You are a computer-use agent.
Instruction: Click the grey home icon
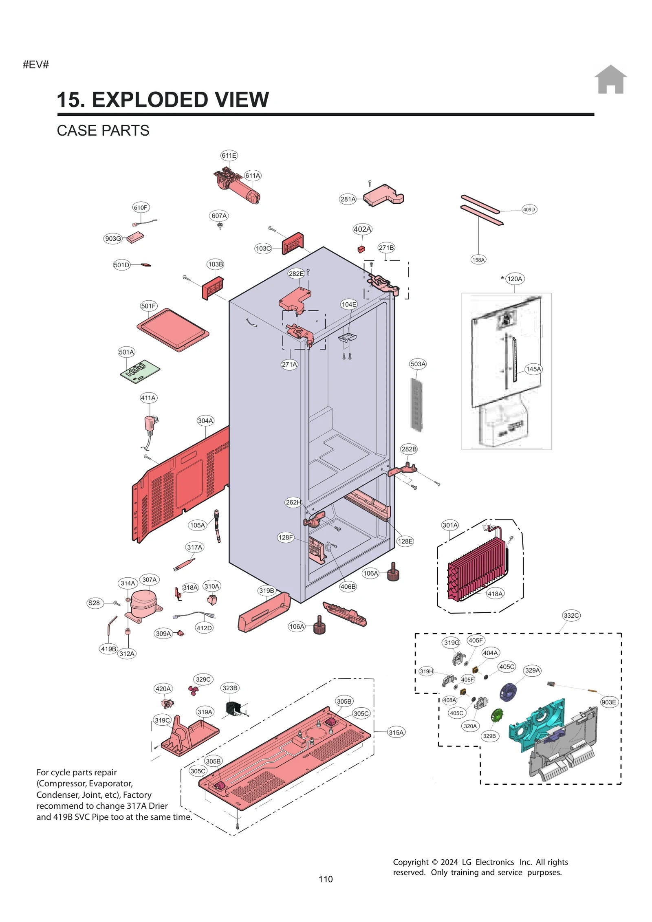pos(610,79)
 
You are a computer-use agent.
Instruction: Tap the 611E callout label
pos(229,155)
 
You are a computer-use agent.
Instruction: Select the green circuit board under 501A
pos(140,371)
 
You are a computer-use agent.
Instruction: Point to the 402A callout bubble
pos(362,229)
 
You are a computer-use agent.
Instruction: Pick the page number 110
pos(326,879)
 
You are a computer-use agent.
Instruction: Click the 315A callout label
pos(396,732)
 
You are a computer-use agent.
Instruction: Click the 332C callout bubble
pos(571,615)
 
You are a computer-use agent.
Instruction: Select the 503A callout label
pos(418,364)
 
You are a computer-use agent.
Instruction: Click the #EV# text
pos(36,64)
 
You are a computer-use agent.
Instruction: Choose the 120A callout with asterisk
pos(514,279)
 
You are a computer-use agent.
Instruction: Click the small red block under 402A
pos(361,249)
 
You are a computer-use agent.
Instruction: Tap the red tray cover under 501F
pos(173,329)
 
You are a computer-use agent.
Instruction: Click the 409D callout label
pos(529,209)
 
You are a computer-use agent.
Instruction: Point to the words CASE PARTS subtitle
pos(103,130)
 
